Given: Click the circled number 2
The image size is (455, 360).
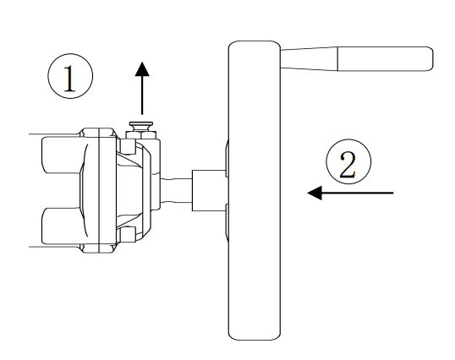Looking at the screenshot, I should tap(347, 164).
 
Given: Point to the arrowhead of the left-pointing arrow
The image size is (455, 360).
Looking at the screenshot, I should tap(315, 194).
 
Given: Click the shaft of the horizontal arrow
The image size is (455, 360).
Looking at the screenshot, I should tap(359, 194).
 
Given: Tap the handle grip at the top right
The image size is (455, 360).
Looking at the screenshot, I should tap(385, 58).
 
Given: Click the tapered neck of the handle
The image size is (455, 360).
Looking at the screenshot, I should tap(309, 57).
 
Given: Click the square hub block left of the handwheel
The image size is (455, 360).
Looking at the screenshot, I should tap(209, 190).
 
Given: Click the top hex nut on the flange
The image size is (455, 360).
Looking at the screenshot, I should tap(99, 134).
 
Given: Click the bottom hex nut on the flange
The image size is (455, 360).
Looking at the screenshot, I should tap(99, 245).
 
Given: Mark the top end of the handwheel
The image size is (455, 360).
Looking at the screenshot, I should tap(254, 44).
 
